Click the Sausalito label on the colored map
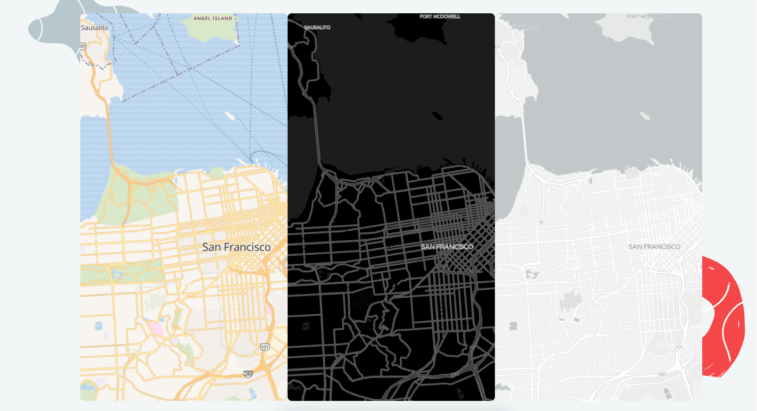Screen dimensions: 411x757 point(95,27)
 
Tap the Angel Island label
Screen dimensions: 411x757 point(213,18)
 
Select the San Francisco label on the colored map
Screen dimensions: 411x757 point(237,247)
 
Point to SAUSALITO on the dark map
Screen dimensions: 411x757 point(317,27)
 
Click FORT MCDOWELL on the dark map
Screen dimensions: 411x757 point(440,16)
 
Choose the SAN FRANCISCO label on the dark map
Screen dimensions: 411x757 point(447,247)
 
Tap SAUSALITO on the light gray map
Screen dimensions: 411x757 point(524,27)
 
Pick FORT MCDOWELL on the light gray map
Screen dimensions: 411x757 point(647,16)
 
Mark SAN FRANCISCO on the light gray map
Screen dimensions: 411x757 point(654,247)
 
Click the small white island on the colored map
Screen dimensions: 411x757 point(230,115)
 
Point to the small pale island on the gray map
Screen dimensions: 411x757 point(644,115)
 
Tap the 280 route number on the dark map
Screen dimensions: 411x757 point(455,374)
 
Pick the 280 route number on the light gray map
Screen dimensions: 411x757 point(662,374)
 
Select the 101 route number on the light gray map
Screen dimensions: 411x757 point(679,347)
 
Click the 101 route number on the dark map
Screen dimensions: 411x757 point(473,347)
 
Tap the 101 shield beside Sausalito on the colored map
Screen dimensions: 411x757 point(83,47)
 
